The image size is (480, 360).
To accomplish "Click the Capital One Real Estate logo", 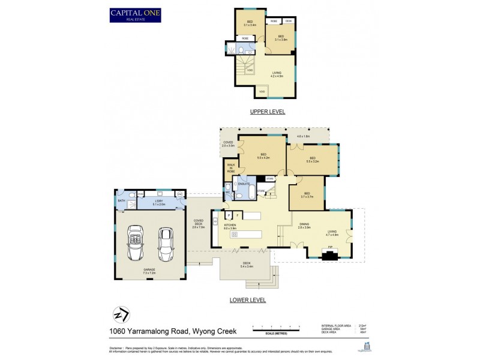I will (135, 14).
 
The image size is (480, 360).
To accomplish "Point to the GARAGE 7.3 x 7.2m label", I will (149, 271).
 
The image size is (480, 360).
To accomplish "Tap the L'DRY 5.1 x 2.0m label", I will (160, 203).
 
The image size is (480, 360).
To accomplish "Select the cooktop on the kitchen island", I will (235, 234).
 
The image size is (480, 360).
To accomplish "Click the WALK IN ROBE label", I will (231, 169).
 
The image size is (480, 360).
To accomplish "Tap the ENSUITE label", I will (244, 184).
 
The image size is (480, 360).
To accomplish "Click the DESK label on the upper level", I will (289, 22).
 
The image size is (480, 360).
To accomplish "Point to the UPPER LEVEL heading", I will (267, 112).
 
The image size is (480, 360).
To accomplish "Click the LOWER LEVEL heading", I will (247, 300).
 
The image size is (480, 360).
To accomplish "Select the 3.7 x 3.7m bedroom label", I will (307, 194).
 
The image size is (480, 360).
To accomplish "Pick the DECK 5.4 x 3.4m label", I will (247, 265).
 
